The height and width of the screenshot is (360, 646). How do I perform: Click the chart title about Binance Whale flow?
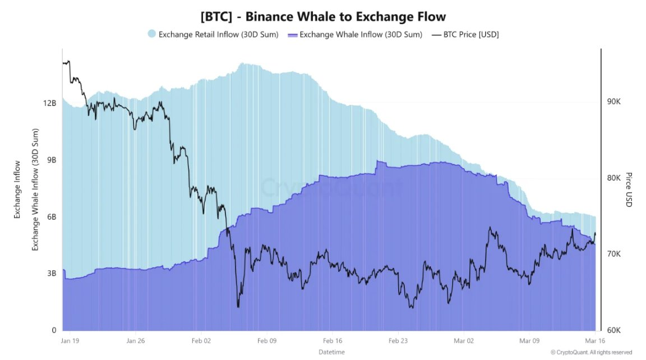click(x=323, y=16)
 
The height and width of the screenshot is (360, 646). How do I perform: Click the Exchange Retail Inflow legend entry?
click(x=213, y=34)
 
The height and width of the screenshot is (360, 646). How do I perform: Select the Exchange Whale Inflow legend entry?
click(x=354, y=34)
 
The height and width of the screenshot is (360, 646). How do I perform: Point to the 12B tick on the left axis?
click(x=49, y=103)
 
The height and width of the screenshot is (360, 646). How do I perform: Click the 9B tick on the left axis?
click(x=51, y=160)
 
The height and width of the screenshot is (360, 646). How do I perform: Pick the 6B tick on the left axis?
click(x=51, y=217)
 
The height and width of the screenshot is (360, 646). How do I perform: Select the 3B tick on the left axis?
click(x=51, y=274)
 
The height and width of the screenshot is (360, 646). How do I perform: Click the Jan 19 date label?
click(x=70, y=340)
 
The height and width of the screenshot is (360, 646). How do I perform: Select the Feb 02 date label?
click(x=201, y=340)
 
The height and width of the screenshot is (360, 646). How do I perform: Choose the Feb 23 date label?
click(x=398, y=340)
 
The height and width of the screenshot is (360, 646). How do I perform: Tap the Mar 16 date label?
click(x=594, y=340)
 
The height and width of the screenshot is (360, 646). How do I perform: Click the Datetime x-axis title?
click(x=331, y=352)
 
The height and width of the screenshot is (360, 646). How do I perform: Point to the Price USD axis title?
click(x=629, y=190)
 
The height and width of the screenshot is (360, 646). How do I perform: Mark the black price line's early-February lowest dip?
click(x=238, y=307)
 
